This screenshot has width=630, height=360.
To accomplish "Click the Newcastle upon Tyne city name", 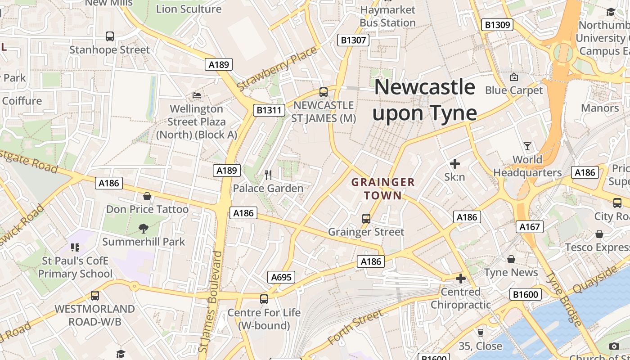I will (424, 100).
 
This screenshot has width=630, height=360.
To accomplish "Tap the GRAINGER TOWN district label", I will (383, 189).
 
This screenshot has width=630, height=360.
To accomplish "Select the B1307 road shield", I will (353, 40).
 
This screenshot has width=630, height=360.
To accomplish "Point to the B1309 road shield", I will (497, 25).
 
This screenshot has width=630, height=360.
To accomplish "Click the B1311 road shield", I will (269, 110).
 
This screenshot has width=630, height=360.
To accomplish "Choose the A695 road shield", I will (281, 277).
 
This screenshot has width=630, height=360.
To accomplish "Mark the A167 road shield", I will (529, 227).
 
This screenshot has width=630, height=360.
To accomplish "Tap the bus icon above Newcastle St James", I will (323, 92).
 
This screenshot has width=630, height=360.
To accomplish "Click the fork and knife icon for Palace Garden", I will (268, 175).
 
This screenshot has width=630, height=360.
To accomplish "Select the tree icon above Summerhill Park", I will (144, 229).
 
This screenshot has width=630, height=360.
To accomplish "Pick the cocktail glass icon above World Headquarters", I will (527, 146).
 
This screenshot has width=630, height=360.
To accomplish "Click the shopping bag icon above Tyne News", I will (511, 259).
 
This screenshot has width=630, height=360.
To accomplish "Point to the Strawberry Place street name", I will (277, 68).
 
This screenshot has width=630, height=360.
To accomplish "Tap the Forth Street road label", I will (355, 327).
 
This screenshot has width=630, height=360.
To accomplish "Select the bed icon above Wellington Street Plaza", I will (197, 95).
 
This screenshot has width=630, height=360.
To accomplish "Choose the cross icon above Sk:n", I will (454, 164).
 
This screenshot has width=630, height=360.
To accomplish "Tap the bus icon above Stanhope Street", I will (109, 36).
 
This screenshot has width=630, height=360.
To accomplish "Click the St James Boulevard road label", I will (210, 301).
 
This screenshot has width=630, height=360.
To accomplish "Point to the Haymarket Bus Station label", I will (387, 16).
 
